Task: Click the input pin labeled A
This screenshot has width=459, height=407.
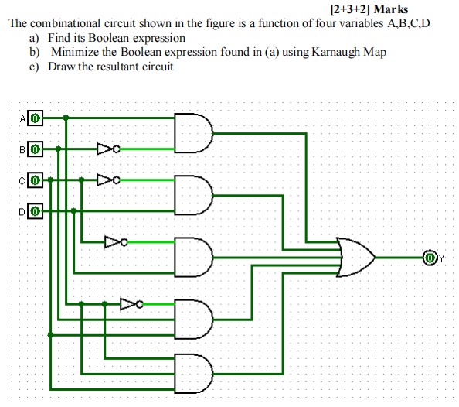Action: pyautogui.click(x=36, y=118)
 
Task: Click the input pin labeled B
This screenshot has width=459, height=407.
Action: pyautogui.click(x=36, y=147)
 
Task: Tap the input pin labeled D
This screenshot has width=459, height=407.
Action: pyautogui.click(x=36, y=209)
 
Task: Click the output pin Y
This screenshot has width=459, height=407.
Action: pyautogui.click(x=430, y=256)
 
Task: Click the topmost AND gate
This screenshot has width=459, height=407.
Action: pyautogui.click(x=193, y=132)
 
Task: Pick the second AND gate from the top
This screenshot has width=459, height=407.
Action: pyautogui.click(x=193, y=193)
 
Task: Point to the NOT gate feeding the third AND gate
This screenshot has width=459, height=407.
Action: pyautogui.click(x=115, y=242)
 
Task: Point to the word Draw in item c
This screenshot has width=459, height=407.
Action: pyautogui.click(x=62, y=67)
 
